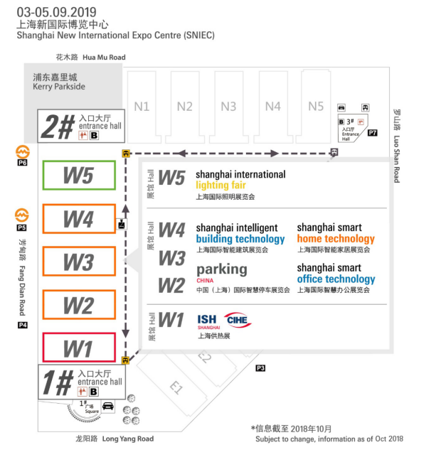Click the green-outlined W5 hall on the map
click(x=79, y=176)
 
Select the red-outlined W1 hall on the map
click(x=79, y=348)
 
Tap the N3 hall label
click(x=228, y=107)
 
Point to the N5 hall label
click(x=317, y=107)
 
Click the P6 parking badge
click(x=22, y=163)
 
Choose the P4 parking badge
click(x=23, y=325)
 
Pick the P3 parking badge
click(x=260, y=367)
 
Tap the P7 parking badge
click(x=373, y=133)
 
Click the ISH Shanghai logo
click(x=208, y=321)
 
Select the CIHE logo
click(x=238, y=320)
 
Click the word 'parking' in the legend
click(x=222, y=269)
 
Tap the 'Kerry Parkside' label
click(x=59, y=87)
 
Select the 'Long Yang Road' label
click(x=128, y=439)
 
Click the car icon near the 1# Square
click(x=109, y=407)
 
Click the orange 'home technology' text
click(x=336, y=239)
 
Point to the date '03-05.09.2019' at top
click(x=56, y=12)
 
